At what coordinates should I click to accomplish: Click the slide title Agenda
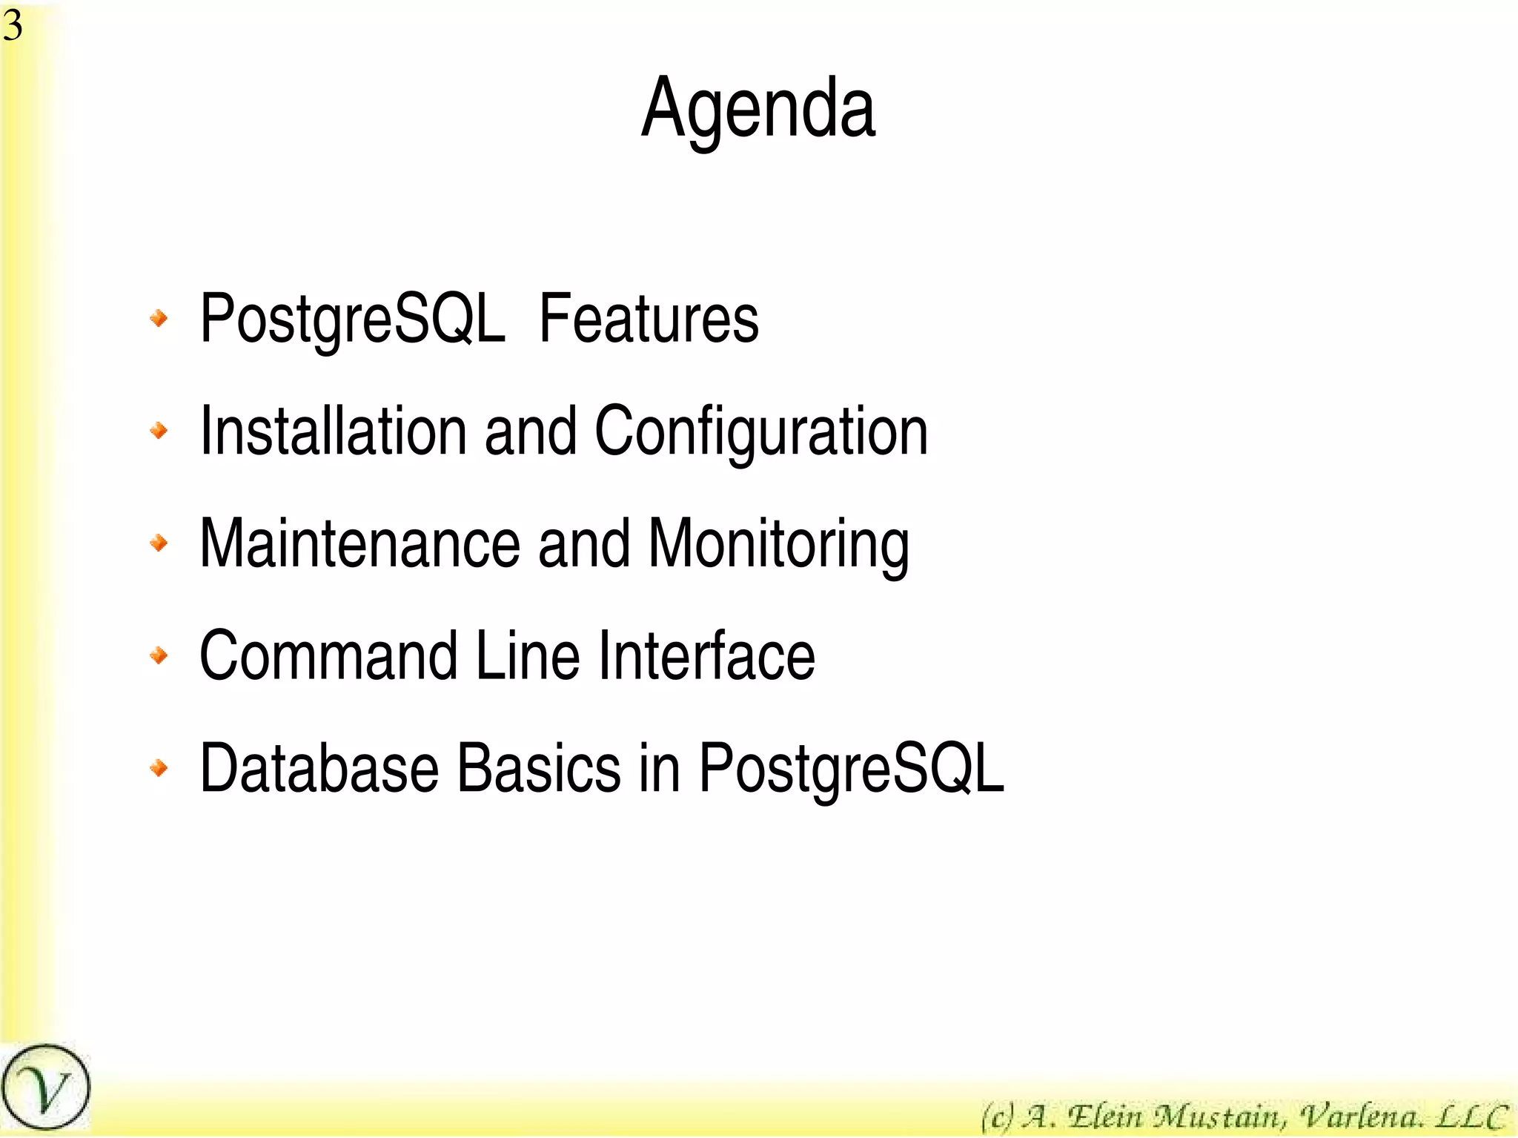(758, 110)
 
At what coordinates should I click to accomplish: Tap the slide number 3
(13, 26)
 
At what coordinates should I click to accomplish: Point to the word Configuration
(761, 432)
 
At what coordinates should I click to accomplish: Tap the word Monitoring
(778, 545)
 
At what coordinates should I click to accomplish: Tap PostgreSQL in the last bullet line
(852, 770)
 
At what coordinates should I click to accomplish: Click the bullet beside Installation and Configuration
(159, 431)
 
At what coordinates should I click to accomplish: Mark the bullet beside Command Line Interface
(159, 655)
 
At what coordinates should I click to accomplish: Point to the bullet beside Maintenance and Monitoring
(159, 543)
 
